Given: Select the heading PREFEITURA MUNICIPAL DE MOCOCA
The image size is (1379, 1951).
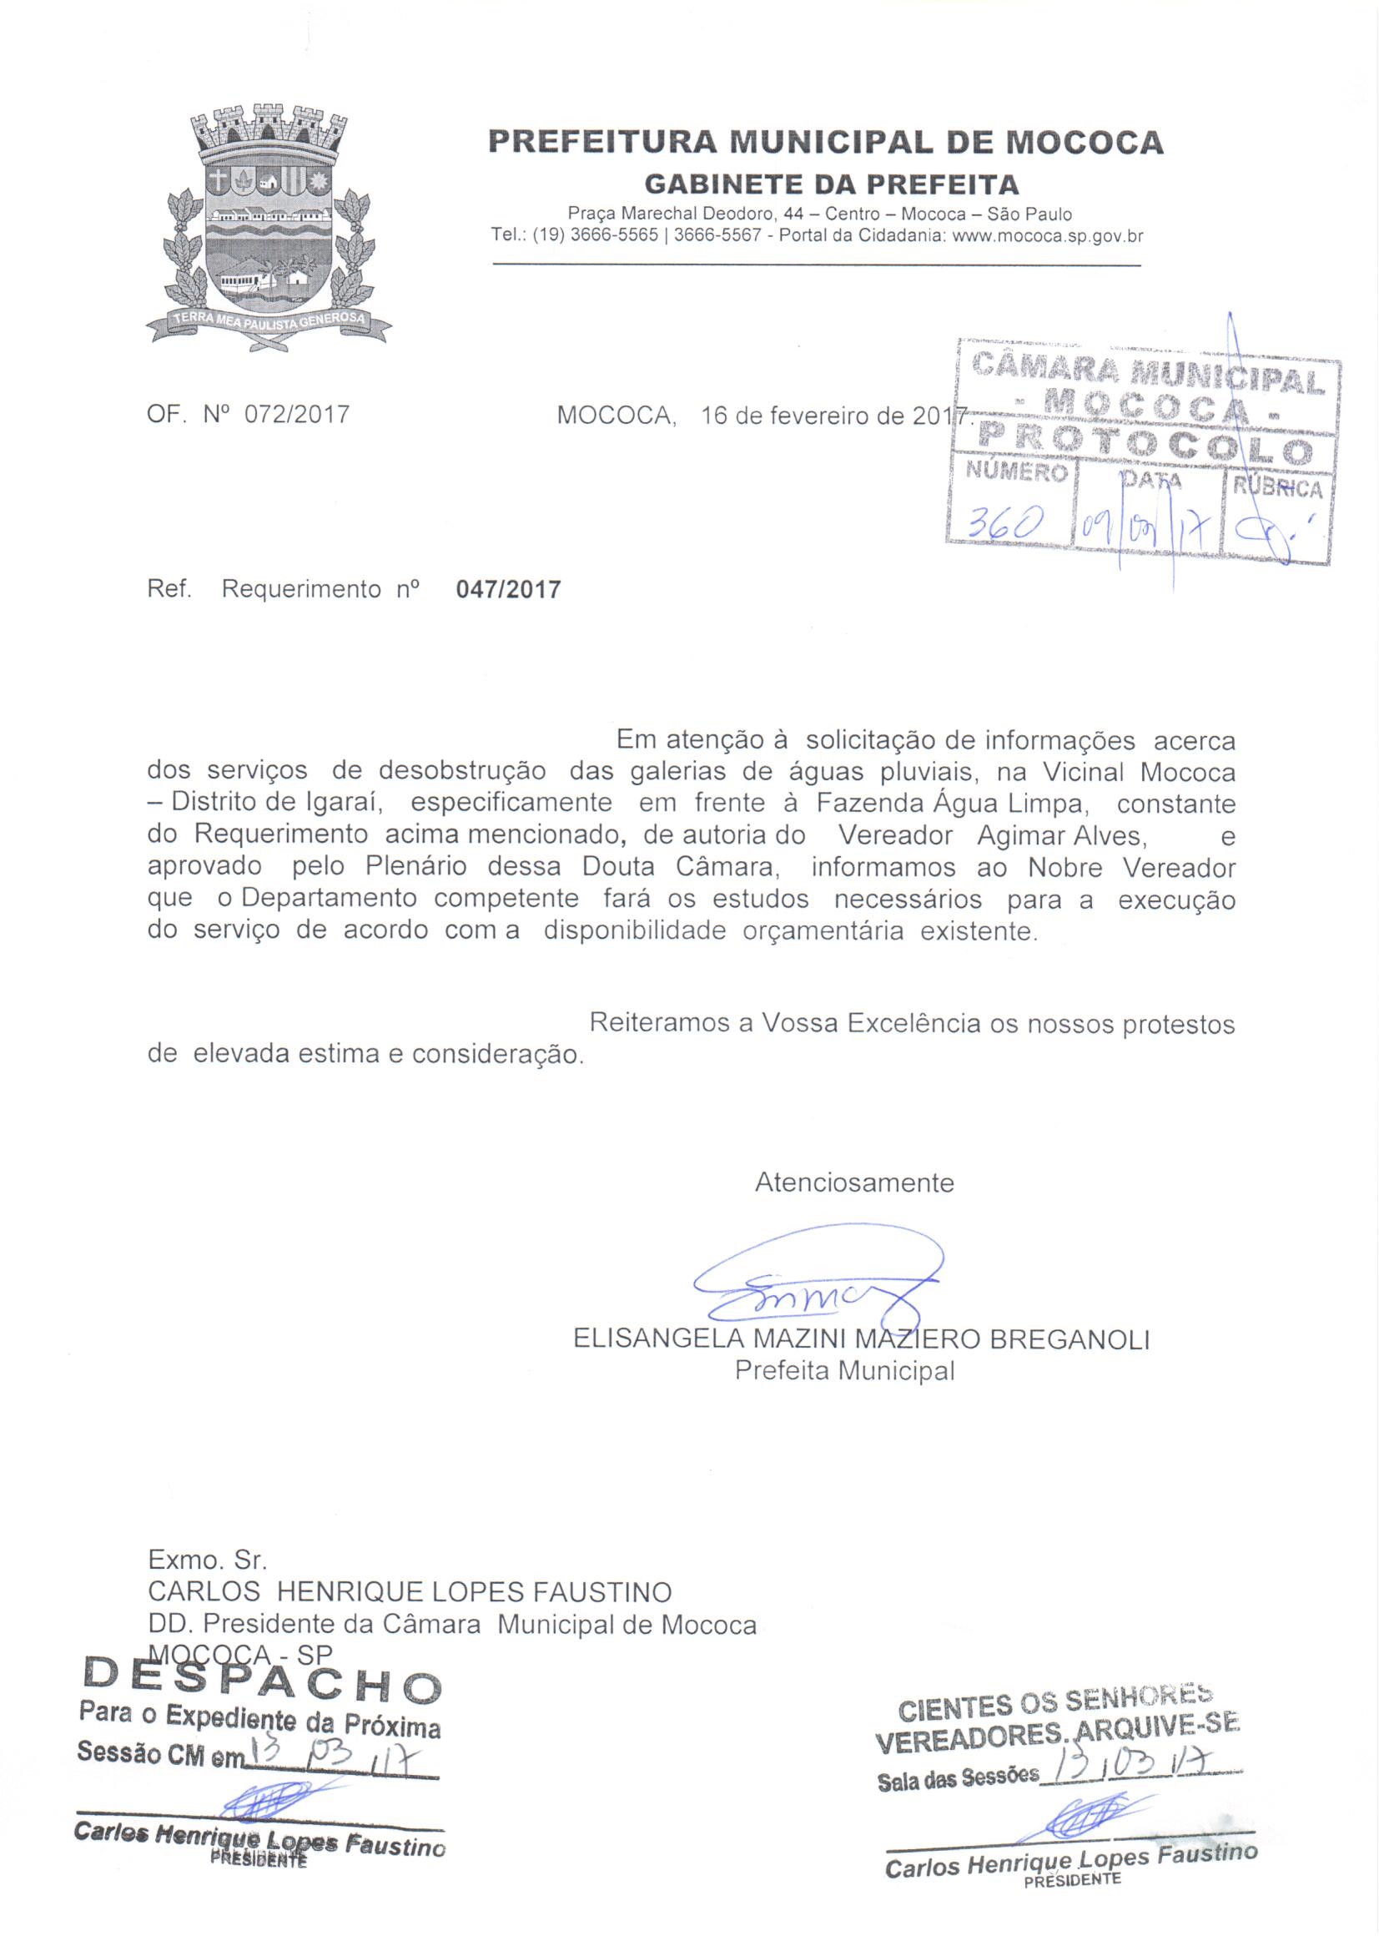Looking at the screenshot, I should coord(825,142).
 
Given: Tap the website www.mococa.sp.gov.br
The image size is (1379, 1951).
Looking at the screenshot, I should coord(1048,237).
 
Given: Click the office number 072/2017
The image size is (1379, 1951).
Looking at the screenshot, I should coord(296,415).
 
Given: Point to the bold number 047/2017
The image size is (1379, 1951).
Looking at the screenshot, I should coord(508,590).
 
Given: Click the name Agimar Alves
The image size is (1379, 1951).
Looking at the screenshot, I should coord(1061,836).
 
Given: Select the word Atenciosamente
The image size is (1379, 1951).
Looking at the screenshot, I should coord(854,1182).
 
